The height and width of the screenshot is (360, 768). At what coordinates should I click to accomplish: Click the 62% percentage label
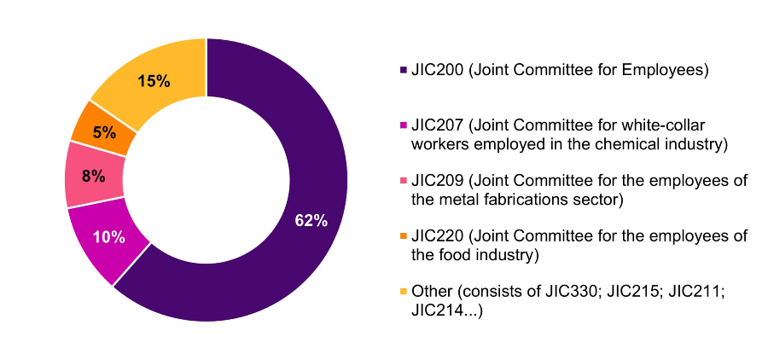[311, 220]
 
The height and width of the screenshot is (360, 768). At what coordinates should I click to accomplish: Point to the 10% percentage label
[108, 237]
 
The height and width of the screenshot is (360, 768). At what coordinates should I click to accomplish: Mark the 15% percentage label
[154, 82]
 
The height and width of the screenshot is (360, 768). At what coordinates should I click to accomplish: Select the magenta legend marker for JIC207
[403, 125]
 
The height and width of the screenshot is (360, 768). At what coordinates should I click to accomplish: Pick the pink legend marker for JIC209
[403, 181]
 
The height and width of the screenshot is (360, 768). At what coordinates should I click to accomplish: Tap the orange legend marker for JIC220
[403, 236]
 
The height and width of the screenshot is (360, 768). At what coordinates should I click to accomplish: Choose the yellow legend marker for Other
[403, 292]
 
